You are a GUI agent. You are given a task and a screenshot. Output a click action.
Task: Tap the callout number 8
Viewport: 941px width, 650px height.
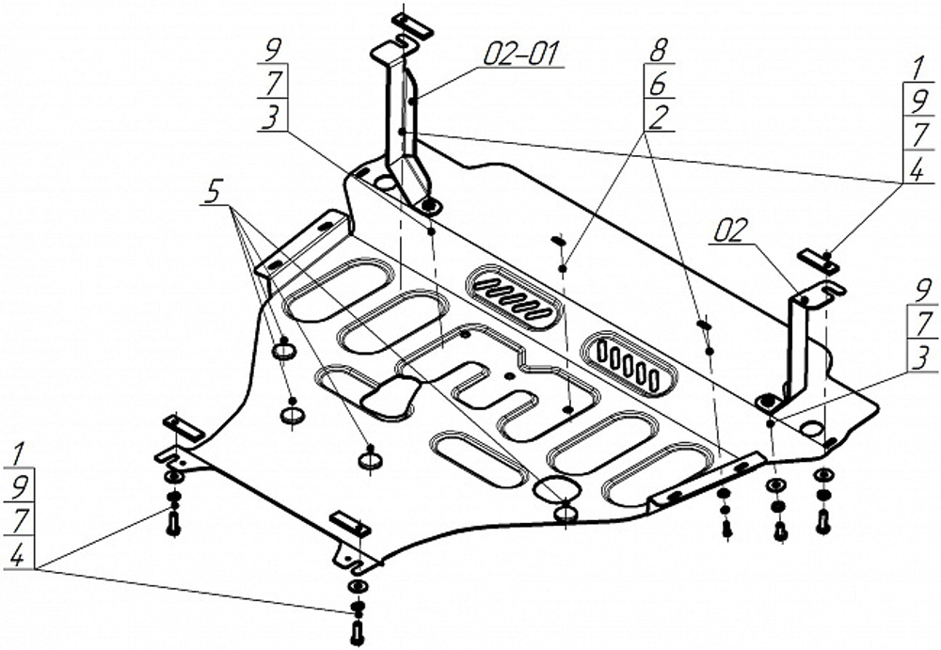(x=659, y=51)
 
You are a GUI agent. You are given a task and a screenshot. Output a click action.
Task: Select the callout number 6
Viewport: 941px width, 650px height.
(x=659, y=85)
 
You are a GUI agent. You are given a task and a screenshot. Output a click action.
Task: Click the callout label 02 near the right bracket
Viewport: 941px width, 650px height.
(x=731, y=231)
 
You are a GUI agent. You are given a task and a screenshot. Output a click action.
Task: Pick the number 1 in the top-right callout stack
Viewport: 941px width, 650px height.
(x=916, y=71)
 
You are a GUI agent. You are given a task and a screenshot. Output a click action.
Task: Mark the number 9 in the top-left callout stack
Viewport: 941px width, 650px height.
(x=274, y=50)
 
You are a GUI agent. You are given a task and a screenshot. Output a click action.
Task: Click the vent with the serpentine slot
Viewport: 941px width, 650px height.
(x=514, y=297)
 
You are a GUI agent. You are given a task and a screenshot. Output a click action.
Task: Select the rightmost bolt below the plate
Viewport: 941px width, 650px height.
(x=823, y=520)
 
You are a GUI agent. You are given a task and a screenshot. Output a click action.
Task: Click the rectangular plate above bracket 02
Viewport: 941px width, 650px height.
(x=818, y=261)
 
